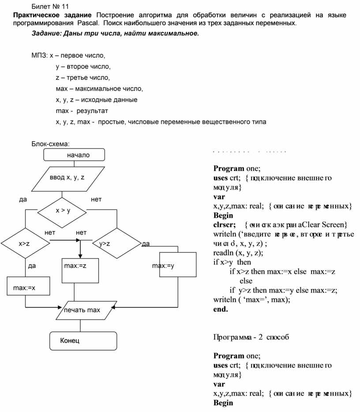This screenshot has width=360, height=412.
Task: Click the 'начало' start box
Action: coord(75,155)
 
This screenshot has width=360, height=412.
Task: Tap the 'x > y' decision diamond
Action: coord(63,211)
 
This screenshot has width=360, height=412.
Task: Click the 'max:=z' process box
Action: coord(80,270)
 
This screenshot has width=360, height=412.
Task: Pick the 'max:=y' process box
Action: coord(177,265)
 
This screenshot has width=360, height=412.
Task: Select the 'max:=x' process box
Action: coord(25,287)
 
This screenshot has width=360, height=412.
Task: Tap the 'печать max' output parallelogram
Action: coord(84,310)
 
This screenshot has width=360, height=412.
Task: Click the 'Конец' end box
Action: coord(82,340)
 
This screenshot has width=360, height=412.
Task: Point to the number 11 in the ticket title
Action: coord(65,7)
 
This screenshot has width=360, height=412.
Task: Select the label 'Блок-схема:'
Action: coord(50,144)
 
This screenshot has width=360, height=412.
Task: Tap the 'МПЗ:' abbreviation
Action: coord(39,56)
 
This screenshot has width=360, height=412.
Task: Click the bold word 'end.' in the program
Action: coord(221,309)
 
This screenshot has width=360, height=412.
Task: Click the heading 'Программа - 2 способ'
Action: coord(251,337)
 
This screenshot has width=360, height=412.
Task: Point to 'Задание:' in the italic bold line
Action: coord(47,34)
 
